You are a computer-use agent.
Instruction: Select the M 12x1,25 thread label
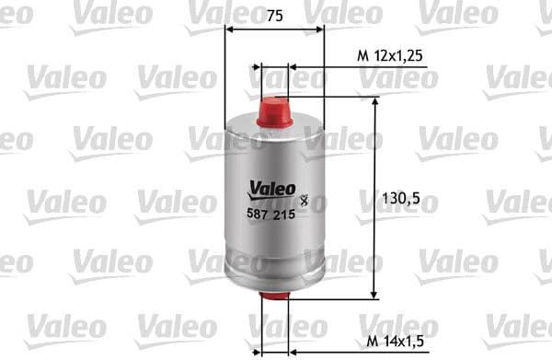pos(390,56)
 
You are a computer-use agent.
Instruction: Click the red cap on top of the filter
pos(274,112)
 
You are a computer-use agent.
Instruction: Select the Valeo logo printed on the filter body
pos(271,189)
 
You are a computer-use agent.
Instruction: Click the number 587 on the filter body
pos(259,213)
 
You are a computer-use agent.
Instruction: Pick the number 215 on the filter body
pos(284,213)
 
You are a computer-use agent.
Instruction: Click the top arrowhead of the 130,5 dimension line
pos(374,101)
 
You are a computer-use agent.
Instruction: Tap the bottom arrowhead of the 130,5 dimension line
pos(374,293)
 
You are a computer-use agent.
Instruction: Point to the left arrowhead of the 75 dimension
pos(229,29)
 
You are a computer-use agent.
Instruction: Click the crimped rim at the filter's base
pos(274,282)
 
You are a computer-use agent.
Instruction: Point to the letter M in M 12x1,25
pos(362,56)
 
